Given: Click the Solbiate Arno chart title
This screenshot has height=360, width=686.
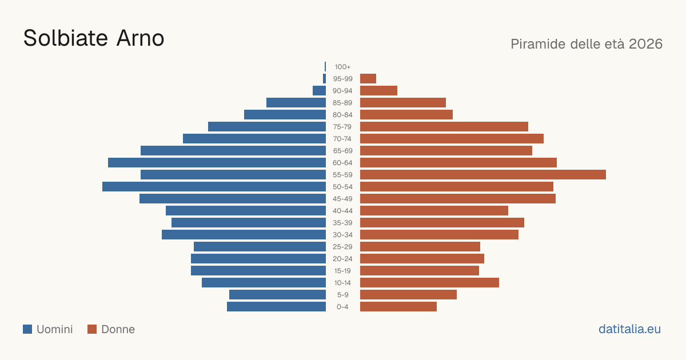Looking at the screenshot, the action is click(94, 38).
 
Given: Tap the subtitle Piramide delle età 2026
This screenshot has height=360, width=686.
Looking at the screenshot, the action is click(587, 44).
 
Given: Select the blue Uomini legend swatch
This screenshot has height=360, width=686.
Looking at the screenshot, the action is click(27, 329).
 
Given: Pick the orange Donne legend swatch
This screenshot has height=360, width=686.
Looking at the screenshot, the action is click(92, 329).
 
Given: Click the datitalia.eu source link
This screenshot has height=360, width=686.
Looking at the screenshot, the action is click(629, 329).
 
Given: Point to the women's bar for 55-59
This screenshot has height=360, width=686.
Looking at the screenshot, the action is click(483, 174).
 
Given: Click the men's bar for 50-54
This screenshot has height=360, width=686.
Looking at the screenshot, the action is click(214, 187).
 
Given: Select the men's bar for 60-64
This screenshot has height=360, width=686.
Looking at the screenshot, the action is click(217, 162).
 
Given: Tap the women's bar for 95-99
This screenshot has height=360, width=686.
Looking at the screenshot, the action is click(368, 79).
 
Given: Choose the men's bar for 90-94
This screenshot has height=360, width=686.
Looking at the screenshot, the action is click(319, 91).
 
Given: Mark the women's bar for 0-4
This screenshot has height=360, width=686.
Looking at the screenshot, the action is click(398, 307).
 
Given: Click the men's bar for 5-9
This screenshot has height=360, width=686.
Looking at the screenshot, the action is click(277, 295).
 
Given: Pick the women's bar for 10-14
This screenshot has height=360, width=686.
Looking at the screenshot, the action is click(429, 282).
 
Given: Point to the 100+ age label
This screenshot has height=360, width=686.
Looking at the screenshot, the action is click(342, 67).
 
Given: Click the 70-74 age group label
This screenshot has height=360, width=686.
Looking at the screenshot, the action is click(342, 139).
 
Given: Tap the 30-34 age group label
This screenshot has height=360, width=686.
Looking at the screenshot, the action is click(342, 235).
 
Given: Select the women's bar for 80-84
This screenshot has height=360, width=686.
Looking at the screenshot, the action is click(406, 115).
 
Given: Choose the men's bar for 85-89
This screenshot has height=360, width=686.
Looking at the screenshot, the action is click(296, 102).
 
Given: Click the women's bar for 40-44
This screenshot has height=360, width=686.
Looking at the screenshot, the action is click(434, 211).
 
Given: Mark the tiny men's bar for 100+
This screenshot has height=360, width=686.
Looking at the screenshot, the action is click(325, 67).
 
